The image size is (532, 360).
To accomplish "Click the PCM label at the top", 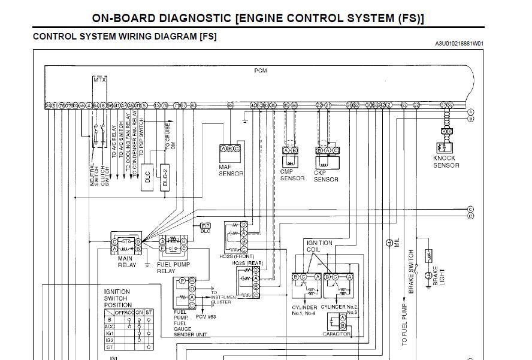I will [261, 71].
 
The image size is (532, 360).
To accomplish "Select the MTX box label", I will [99, 80].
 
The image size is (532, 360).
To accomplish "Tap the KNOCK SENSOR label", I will [446, 162].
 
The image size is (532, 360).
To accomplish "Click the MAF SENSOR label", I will [231, 170].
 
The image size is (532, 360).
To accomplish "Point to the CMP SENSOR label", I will [292, 175].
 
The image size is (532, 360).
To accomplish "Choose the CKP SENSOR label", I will [326, 176].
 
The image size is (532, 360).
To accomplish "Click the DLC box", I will [147, 177].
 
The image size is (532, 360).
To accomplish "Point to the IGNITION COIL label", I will [319, 246].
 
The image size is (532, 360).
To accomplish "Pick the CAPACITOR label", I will [336, 334].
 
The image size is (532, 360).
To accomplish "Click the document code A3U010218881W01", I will [459, 44].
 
